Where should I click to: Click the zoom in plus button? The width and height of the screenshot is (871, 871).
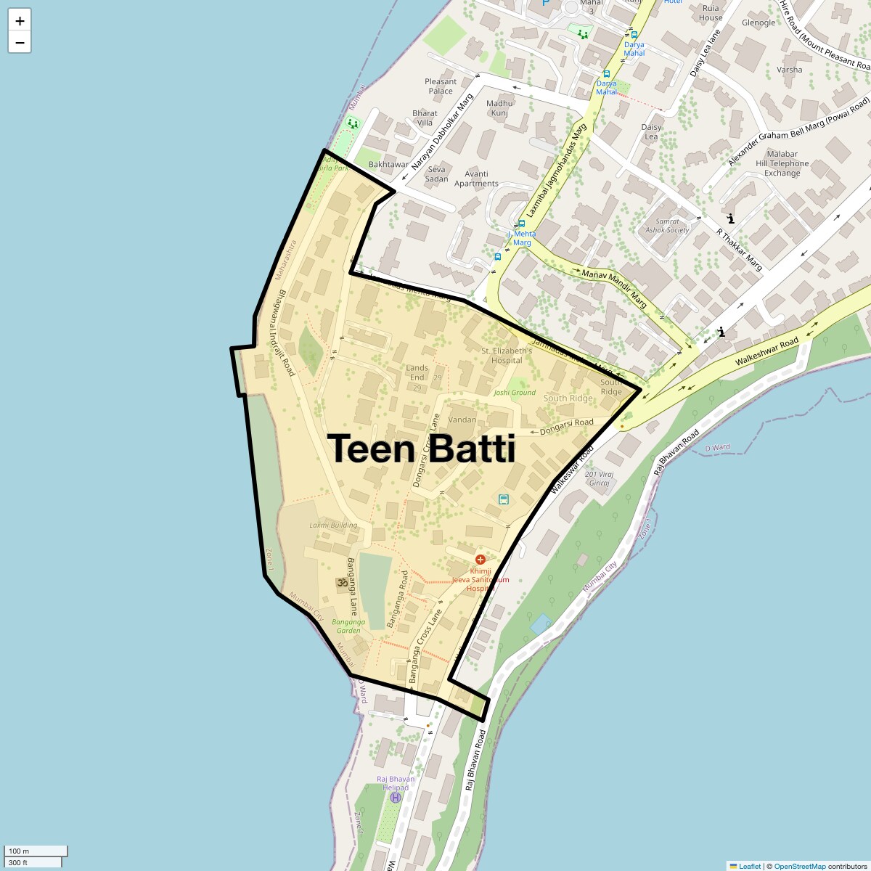pos(20,20)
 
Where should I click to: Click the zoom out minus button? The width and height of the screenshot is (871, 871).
pos(20,43)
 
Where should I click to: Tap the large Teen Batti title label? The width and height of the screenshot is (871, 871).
pos(422,449)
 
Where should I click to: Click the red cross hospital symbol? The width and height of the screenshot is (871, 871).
pos(480,560)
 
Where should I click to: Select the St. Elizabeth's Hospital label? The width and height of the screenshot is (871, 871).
pos(507,356)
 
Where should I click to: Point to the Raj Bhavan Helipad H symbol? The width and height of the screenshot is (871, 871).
pos(396,798)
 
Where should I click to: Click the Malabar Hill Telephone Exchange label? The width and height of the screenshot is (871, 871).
pos(782,163)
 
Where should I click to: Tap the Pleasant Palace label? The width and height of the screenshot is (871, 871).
pos(441,86)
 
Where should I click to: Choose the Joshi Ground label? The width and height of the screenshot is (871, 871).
pos(515,393)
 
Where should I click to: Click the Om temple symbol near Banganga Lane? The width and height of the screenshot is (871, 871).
pos(341,582)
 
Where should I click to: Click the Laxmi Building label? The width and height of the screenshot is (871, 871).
pos(333,526)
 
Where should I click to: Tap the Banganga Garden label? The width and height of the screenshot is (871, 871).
pos(348,626)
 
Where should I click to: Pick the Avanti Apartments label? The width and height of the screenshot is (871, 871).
pos(476,179)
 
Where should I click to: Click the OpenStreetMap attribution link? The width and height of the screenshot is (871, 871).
pos(799,866)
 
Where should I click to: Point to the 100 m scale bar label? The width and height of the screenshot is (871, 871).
pos(20,851)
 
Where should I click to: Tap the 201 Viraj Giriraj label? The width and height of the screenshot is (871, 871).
pos(600,479)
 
